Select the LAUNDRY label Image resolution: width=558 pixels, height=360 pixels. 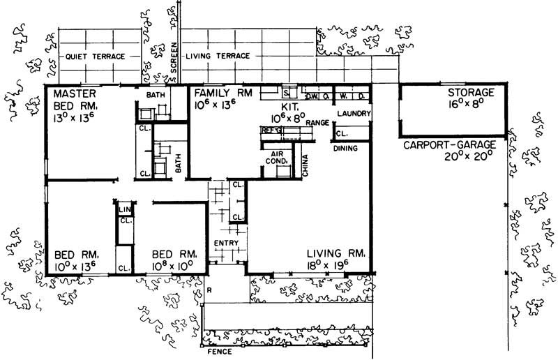(352, 113)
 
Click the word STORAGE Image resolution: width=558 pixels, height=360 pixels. (471, 93)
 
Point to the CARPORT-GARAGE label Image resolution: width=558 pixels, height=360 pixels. (450, 144)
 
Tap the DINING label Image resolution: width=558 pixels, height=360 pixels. (345, 149)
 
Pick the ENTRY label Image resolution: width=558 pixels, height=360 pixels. (227, 243)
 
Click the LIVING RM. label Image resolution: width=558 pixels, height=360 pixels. (335, 253)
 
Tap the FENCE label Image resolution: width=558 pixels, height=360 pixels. (218, 352)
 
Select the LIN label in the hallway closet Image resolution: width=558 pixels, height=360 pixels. (125, 209)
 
